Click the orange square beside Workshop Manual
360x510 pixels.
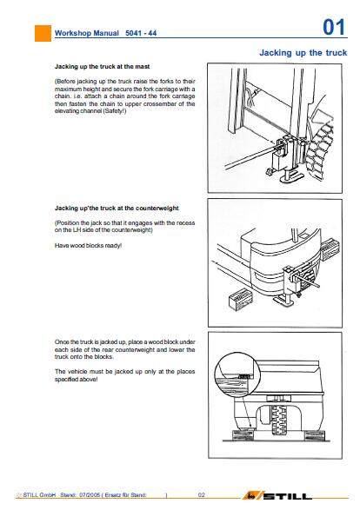[x=43, y=33]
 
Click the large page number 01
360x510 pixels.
[x=334, y=27]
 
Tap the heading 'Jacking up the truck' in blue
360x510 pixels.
[x=303, y=53]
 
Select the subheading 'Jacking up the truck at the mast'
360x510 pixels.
[x=103, y=67]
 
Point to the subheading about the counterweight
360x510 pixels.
[x=117, y=209]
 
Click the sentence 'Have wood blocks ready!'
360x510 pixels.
[x=88, y=246]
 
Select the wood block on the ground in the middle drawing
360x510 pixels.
[x=241, y=298]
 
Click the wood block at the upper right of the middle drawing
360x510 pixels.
[x=330, y=248]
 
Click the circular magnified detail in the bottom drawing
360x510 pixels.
[x=237, y=375]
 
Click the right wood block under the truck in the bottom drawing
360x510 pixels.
[x=314, y=435]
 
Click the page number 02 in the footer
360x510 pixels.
[x=202, y=495]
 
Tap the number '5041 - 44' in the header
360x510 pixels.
[x=141, y=33]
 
